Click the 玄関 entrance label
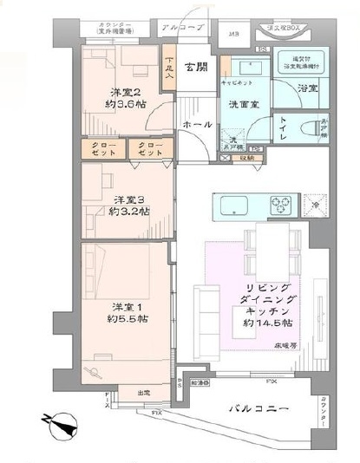pos(196,67)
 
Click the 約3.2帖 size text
pos(129,211)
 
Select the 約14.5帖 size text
pos(267,323)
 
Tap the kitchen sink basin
pos(235,206)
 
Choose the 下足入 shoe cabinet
pos(169,68)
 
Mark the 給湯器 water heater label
pos(200,382)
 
